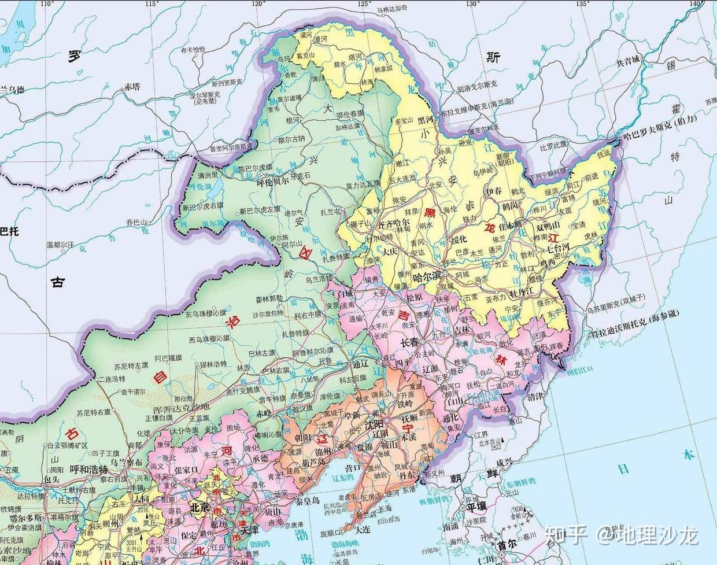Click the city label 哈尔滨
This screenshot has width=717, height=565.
[426, 278]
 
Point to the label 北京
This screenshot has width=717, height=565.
[198, 507]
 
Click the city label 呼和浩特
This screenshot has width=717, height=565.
[89, 468]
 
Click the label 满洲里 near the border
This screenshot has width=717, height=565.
[208, 175]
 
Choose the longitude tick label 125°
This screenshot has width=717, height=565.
[364, 4]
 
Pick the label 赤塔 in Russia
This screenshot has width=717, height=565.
[132, 87]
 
